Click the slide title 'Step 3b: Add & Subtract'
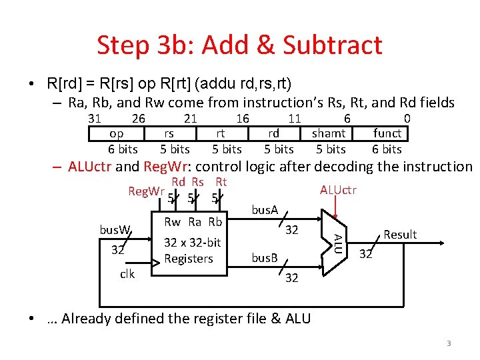[239, 45]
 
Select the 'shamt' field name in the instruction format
[329, 133]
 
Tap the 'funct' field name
[387, 133]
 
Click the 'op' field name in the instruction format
[116, 133]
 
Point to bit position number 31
[95, 119]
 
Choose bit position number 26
[139, 119]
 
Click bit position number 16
[243, 119]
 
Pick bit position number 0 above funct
[407, 119]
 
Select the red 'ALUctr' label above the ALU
[338, 191]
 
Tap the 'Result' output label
[400, 235]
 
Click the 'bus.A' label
[265, 211]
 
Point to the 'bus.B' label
[264, 258]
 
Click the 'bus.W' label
[115, 230]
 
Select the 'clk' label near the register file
[128, 273]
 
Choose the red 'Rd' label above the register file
[178, 182]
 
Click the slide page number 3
[449, 343]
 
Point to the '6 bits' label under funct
[387, 149]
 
